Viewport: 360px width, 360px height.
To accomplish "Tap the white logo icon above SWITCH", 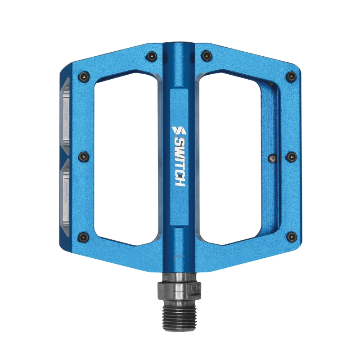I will pos(179,131).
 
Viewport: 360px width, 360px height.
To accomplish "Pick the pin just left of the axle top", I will pos(151,56).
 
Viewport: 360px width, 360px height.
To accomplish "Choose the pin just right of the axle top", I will pos(206,56).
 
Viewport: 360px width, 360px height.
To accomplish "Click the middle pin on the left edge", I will pos(83,157).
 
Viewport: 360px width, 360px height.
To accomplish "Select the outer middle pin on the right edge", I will pos(291,157).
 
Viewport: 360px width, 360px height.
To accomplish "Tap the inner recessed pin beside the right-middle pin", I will pos(272,158).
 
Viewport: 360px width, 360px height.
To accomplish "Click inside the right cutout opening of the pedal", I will pos(234,157).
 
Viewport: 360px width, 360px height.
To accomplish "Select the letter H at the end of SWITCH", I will pos(179,182).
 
